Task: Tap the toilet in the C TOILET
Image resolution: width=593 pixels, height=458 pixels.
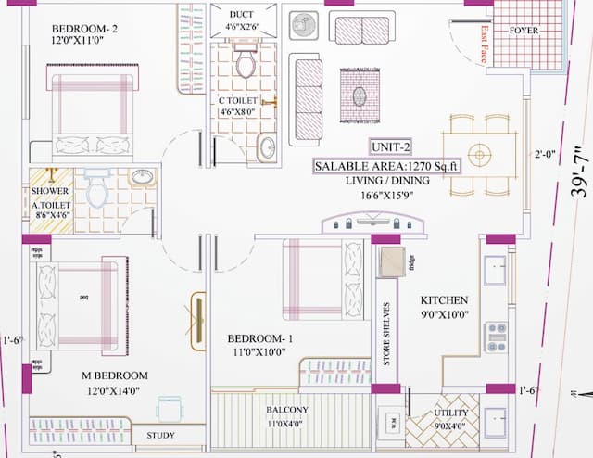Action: [x=246, y=64]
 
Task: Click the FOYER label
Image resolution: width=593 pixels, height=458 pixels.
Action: [x=525, y=31]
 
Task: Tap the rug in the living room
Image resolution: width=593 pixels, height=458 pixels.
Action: [x=359, y=95]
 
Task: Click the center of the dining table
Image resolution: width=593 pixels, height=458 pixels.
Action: [x=479, y=153]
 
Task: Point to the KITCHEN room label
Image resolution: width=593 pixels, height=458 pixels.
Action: [x=444, y=301]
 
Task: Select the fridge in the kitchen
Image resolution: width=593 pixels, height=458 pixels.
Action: [x=390, y=262]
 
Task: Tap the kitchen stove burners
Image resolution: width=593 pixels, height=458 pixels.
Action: [x=496, y=337]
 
